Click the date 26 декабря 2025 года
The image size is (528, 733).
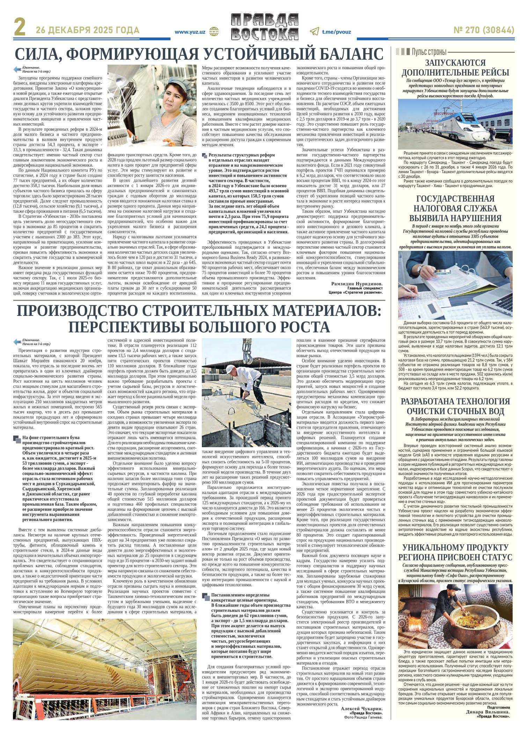pos(88,31)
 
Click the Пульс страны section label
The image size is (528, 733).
pos(429,52)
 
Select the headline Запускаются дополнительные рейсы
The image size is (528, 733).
pos(455,68)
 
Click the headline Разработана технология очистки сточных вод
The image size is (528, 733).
pos(455,406)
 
